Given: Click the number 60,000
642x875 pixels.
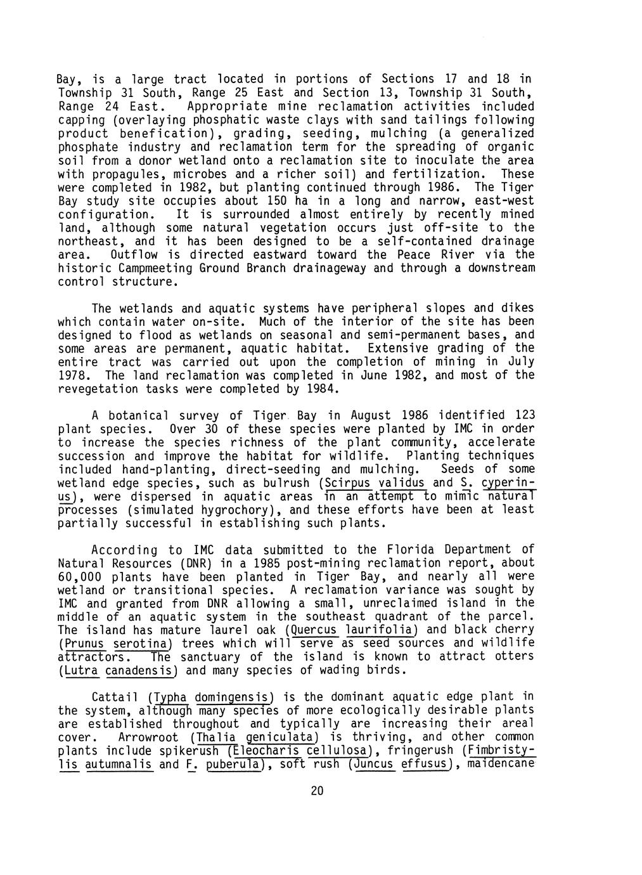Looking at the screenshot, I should coord(79,577).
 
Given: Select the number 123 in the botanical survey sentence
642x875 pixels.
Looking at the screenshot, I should coord(524,415).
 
